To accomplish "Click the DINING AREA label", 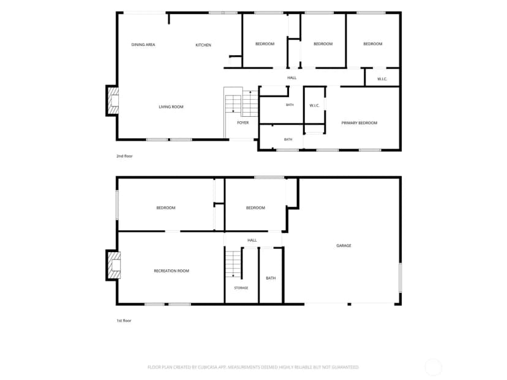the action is tap(143, 45).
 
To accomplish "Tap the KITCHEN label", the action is tap(203, 45).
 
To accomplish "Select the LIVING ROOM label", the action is tap(171, 106).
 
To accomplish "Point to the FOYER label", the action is tap(243, 122).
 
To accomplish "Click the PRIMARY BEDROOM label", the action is tap(359, 123).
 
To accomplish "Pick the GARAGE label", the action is tap(344, 245).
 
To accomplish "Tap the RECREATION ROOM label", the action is tap(171, 271).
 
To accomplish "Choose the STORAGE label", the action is tap(241, 288).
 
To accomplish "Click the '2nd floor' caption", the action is tap(124, 156).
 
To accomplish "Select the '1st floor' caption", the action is tap(124, 321).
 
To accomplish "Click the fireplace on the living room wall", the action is tap(113, 100).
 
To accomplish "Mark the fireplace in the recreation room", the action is tap(113, 265).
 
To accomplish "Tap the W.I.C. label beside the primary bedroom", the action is tap(314, 105).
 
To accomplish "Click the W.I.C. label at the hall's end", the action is tap(382, 79).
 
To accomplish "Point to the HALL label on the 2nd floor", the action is tap(291, 78).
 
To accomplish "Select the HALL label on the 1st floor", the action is tap(252, 240).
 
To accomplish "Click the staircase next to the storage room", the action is tap(233, 264).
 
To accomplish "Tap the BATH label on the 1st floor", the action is tap(271, 278).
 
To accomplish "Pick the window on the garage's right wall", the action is tap(400, 278).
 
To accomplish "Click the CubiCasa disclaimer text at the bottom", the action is tap(253, 367).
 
